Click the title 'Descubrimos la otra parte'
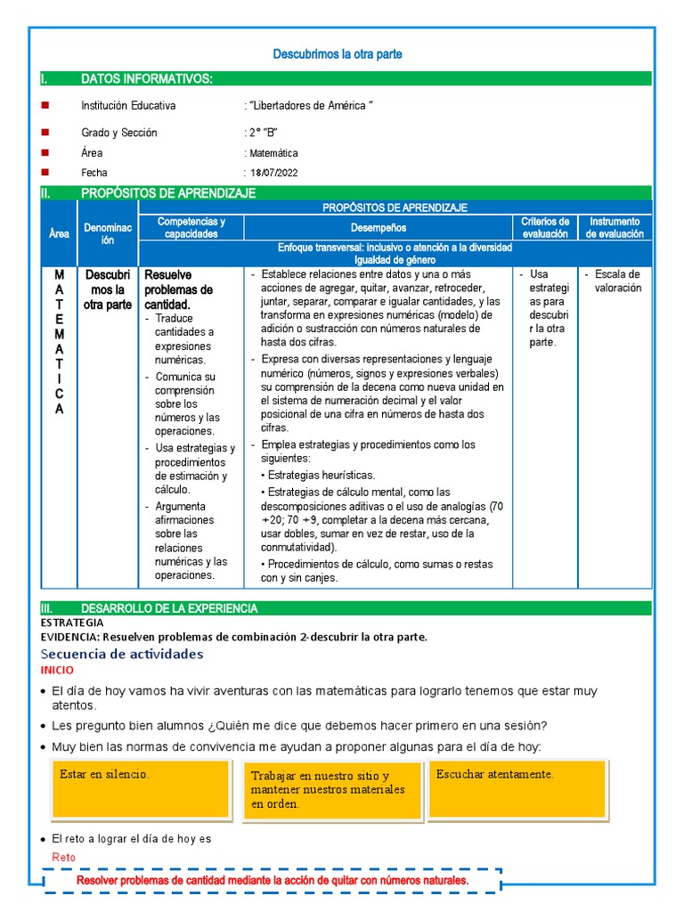tap(337, 54)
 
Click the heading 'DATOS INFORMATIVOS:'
tap(146, 79)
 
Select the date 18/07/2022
tap(274, 173)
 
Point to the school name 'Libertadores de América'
tap(309, 106)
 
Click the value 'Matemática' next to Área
tap(273, 153)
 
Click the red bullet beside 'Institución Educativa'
tap(45, 105)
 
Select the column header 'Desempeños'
tap(378, 228)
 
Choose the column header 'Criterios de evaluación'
tap(545, 227)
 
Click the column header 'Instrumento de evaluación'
tap(615, 227)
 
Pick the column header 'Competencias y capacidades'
tap(191, 227)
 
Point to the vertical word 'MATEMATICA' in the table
tap(59, 342)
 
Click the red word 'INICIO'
tap(58, 670)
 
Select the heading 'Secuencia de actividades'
tap(122, 654)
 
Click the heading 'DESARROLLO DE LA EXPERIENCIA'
tap(169, 608)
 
